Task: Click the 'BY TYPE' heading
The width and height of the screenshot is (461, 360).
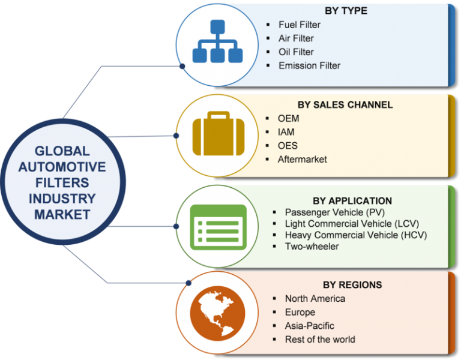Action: [x=346, y=11]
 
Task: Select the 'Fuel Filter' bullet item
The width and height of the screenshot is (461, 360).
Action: [x=300, y=25]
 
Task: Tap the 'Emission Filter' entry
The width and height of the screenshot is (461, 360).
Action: [x=309, y=65]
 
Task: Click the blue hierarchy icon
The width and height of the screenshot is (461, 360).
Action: [x=217, y=41]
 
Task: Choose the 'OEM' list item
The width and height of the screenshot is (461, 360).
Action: [x=288, y=119]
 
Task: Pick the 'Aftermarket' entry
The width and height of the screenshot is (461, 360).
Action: [x=303, y=159]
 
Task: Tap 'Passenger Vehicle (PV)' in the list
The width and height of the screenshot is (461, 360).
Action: [x=335, y=212]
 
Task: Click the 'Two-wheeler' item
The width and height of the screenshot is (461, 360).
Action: [x=312, y=246]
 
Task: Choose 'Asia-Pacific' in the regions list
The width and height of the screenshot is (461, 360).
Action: [x=310, y=326]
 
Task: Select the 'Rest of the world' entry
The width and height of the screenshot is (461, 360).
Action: [x=320, y=340]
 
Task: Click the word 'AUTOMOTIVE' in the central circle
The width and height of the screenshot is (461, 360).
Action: [x=62, y=167]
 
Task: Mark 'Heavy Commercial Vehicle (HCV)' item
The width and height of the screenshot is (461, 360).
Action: [x=356, y=235]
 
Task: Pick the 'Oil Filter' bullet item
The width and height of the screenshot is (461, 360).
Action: [x=296, y=52]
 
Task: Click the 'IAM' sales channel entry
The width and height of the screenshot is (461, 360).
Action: [x=286, y=132]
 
